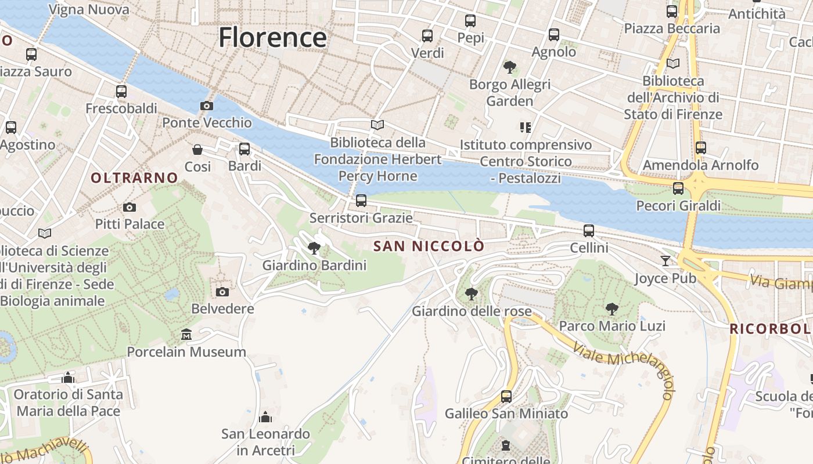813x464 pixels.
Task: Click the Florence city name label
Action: coord(272,38)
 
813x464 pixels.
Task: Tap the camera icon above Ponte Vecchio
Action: coord(206,106)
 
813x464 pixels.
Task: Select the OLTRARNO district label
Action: coord(134,178)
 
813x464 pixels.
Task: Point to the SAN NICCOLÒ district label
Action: coord(429,246)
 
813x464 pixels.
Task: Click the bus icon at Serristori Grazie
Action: coord(361,201)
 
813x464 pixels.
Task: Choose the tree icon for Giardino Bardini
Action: coord(314,248)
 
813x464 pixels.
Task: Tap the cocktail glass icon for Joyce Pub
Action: coord(665,261)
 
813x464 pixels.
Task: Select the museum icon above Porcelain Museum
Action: coord(186,335)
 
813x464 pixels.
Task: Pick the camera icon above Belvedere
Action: coord(222,292)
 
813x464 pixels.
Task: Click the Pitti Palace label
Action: coord(129,224)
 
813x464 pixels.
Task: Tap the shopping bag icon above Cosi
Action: coord(197,150)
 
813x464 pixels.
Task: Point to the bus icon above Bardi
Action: coord(244,149)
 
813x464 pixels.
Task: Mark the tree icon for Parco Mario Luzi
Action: coord(611,309)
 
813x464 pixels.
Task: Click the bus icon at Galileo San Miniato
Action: coord(506,397)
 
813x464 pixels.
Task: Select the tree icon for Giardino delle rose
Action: coord(472,294)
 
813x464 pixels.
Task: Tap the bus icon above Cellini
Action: coord(589,231)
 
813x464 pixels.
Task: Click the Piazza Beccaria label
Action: coord(672,28)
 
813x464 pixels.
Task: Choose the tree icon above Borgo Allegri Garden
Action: coord(510,67)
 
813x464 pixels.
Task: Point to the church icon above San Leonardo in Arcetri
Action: coord(265,417)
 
